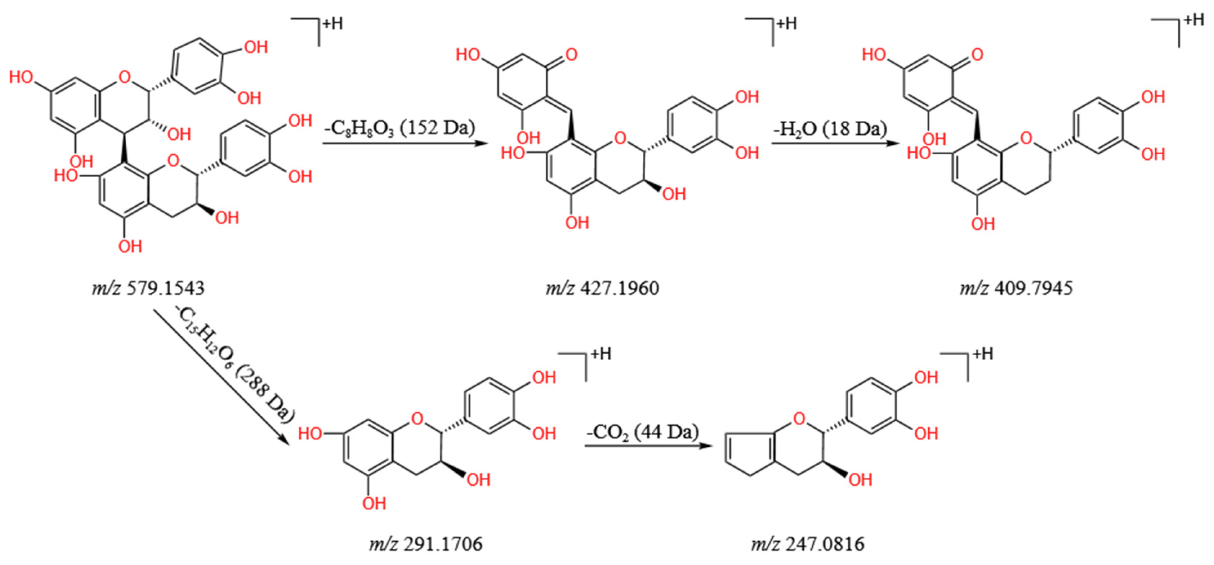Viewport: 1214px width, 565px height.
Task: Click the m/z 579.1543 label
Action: pos(148,288)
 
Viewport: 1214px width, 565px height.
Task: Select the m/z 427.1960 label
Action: pos(602,288)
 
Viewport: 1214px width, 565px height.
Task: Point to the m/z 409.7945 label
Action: pos(1016,288)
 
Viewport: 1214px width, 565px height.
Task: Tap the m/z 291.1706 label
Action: pos(426,544)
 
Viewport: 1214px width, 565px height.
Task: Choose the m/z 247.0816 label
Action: pos(808,544)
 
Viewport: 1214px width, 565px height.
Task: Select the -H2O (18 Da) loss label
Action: pos(830,128)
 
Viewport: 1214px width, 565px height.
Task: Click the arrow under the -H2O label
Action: pos(834,143)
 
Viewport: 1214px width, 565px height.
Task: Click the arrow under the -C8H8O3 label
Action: pos(404,143)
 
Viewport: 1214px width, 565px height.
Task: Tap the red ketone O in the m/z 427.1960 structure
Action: pos(571,55)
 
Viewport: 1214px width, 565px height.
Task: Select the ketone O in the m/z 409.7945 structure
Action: pos(977,55)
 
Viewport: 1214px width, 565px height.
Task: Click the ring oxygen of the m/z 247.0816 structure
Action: pos(799,418)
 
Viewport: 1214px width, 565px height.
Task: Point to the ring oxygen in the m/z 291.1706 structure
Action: pos(417,418)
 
